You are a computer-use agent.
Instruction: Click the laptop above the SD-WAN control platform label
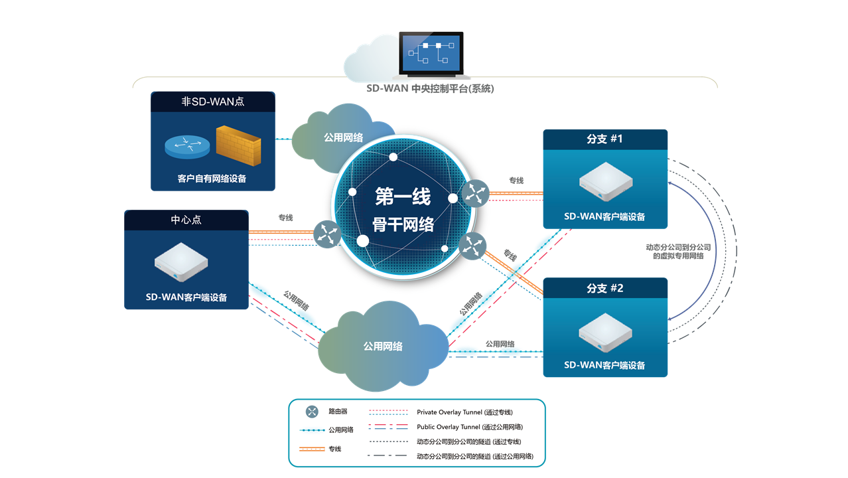tap(431, 55)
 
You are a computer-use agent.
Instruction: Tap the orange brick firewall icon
tap(238, 145)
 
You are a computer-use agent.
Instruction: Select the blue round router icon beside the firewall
tap(187, 147)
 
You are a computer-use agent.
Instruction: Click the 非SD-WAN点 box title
tap(213, 102)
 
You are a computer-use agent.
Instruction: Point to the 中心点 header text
tap(186, 220)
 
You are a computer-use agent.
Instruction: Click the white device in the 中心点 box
tap(181, 262)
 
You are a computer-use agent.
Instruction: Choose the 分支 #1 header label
tap(604, 139)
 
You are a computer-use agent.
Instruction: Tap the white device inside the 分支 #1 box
tap(606, 181)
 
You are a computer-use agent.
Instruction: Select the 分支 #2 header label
tap(605, 288)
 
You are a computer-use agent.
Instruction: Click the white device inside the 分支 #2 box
tap(605, 333)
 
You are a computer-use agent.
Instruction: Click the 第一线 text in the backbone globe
tap(403, 197)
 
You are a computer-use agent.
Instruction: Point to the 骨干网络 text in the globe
tap(403, 224)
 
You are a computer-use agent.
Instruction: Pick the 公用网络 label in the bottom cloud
tap(383, 346)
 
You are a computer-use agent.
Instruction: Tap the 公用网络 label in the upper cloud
tap(343, 137)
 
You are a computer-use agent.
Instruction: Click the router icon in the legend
tap(312, 412)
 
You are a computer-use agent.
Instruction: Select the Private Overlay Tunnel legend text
tap(464, 412)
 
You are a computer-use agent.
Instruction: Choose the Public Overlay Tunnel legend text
tap(470, 427)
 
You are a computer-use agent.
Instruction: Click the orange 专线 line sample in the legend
tap(312, 449)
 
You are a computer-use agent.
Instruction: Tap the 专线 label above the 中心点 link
tap(285, 218)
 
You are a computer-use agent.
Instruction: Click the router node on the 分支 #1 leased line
tap(476, 193)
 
